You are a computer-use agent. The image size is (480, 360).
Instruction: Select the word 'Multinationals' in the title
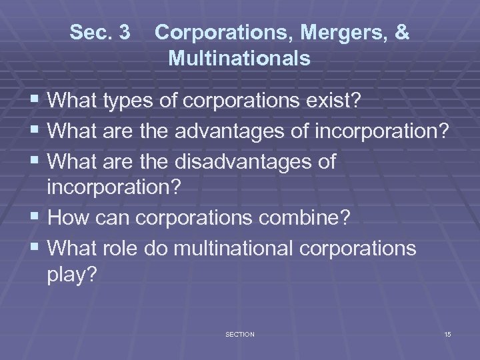[239, 59]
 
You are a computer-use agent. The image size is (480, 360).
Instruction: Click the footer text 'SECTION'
[240, 334]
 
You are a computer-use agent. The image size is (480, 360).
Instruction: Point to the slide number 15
[447, 334]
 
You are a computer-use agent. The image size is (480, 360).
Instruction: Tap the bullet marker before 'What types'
[35, 102]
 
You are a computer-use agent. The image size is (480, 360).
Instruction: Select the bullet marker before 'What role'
[35, 249]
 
